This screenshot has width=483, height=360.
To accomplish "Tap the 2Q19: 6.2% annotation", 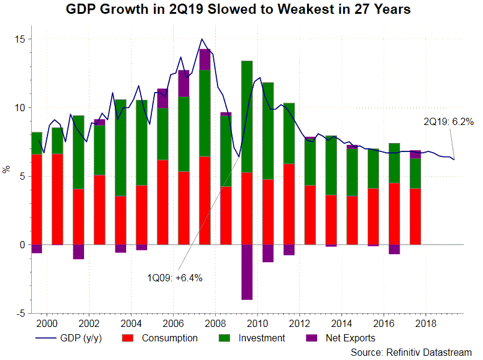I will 448,121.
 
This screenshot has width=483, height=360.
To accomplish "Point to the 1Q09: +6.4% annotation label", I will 175,278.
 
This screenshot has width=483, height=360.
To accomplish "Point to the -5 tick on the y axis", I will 19,314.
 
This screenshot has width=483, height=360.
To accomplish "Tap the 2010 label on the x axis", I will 257,322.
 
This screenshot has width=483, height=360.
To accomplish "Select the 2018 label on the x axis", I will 425,322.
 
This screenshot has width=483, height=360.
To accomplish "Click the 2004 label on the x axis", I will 131,322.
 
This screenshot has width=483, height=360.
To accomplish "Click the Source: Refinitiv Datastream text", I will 412,352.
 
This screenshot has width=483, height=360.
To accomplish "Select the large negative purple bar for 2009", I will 246,272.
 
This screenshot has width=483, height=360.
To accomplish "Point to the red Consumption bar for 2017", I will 415,216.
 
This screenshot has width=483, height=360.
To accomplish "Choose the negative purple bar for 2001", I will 79,252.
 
